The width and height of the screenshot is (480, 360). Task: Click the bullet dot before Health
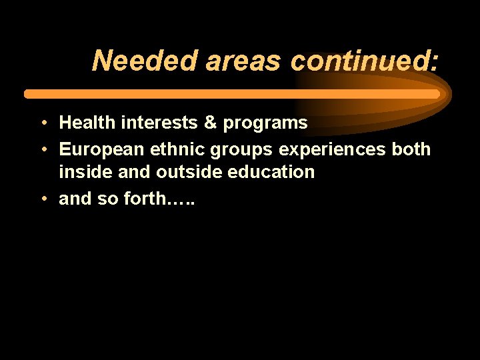click(x=42, y=123)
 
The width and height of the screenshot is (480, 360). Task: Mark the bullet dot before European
click(x=42, y=150)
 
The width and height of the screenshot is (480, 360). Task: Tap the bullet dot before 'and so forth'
click(x=42, y=199)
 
